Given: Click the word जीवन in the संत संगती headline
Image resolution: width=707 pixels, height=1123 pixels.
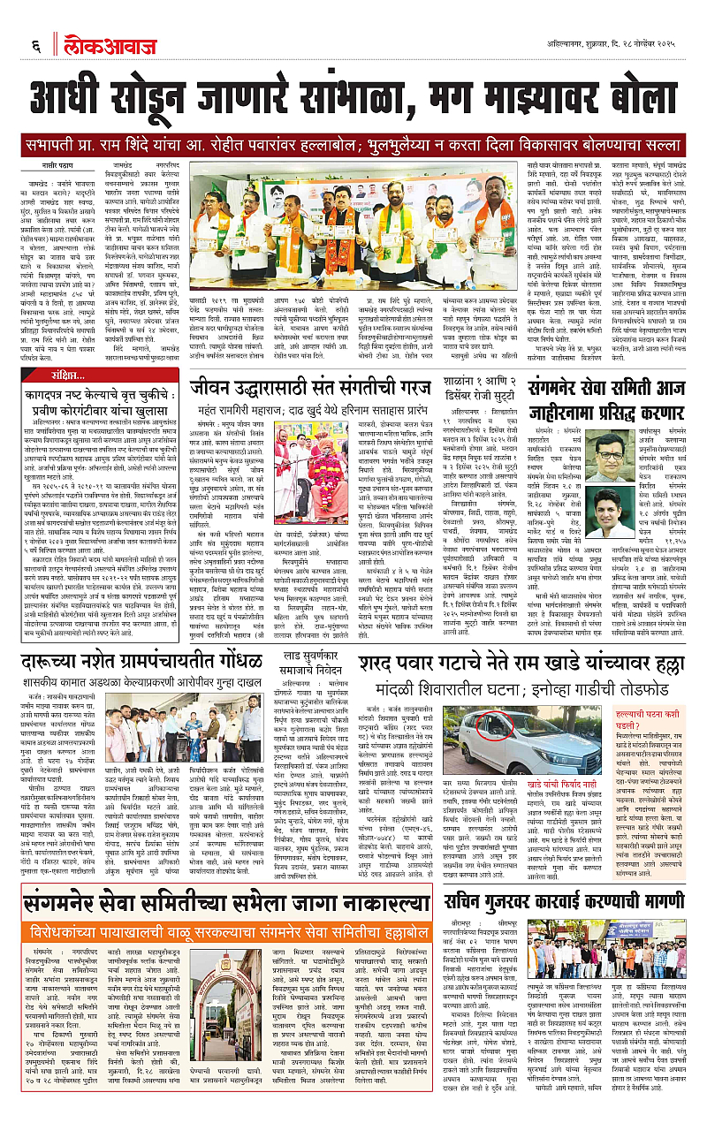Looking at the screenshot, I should tap(218, 364).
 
